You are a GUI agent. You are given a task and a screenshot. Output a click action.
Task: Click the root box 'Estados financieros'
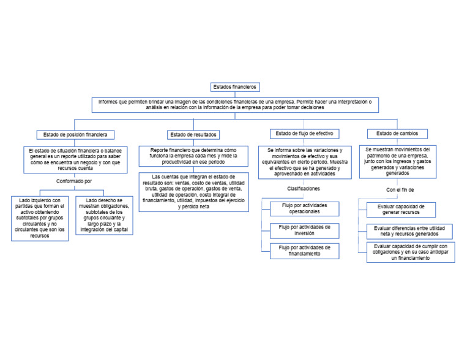pyautogui.click(x=236, y=87)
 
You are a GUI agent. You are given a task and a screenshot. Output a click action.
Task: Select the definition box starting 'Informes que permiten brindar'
pyautogui.click(x=236, y=104)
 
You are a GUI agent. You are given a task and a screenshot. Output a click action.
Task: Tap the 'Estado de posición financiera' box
pyautogui.click(x=75, y=134)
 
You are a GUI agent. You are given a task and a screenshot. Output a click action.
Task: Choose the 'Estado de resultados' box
pyautogui.click(x=193, y=134)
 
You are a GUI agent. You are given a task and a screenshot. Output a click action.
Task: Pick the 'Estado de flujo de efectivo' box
pyautogui.click(x=304, y=134)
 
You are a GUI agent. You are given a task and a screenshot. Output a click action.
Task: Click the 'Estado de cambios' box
pyautogui.click(x=397, y=134)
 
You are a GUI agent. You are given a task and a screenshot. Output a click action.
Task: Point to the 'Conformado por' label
pyautogui.click(x=74, y=181)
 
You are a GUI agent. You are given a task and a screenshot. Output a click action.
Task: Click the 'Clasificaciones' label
pyautogui.click(x=303, y=189)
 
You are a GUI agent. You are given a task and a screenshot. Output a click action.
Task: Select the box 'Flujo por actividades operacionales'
pyautogui.click(x=304, y=208)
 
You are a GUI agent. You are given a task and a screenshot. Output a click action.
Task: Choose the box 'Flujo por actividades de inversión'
pyautogui.click(x=304, y=230)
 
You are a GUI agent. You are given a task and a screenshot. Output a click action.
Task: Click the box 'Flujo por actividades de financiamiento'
pyautogui.click(x=304, y=250)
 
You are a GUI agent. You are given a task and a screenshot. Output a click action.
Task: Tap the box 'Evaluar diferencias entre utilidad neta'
pyautogui.click(x=410, y=231)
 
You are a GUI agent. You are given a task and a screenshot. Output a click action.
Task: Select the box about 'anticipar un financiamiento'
pyautogui.click(x=411, y=252)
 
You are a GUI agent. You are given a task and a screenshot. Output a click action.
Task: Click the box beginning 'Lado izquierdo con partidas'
pyautogui.click(x=40, y=218)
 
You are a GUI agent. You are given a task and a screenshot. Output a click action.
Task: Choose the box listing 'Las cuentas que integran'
pyautogui.click(x=193, y=192)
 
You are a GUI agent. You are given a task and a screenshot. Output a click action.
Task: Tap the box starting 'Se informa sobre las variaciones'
pyautogui.click(x=304, y=162)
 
